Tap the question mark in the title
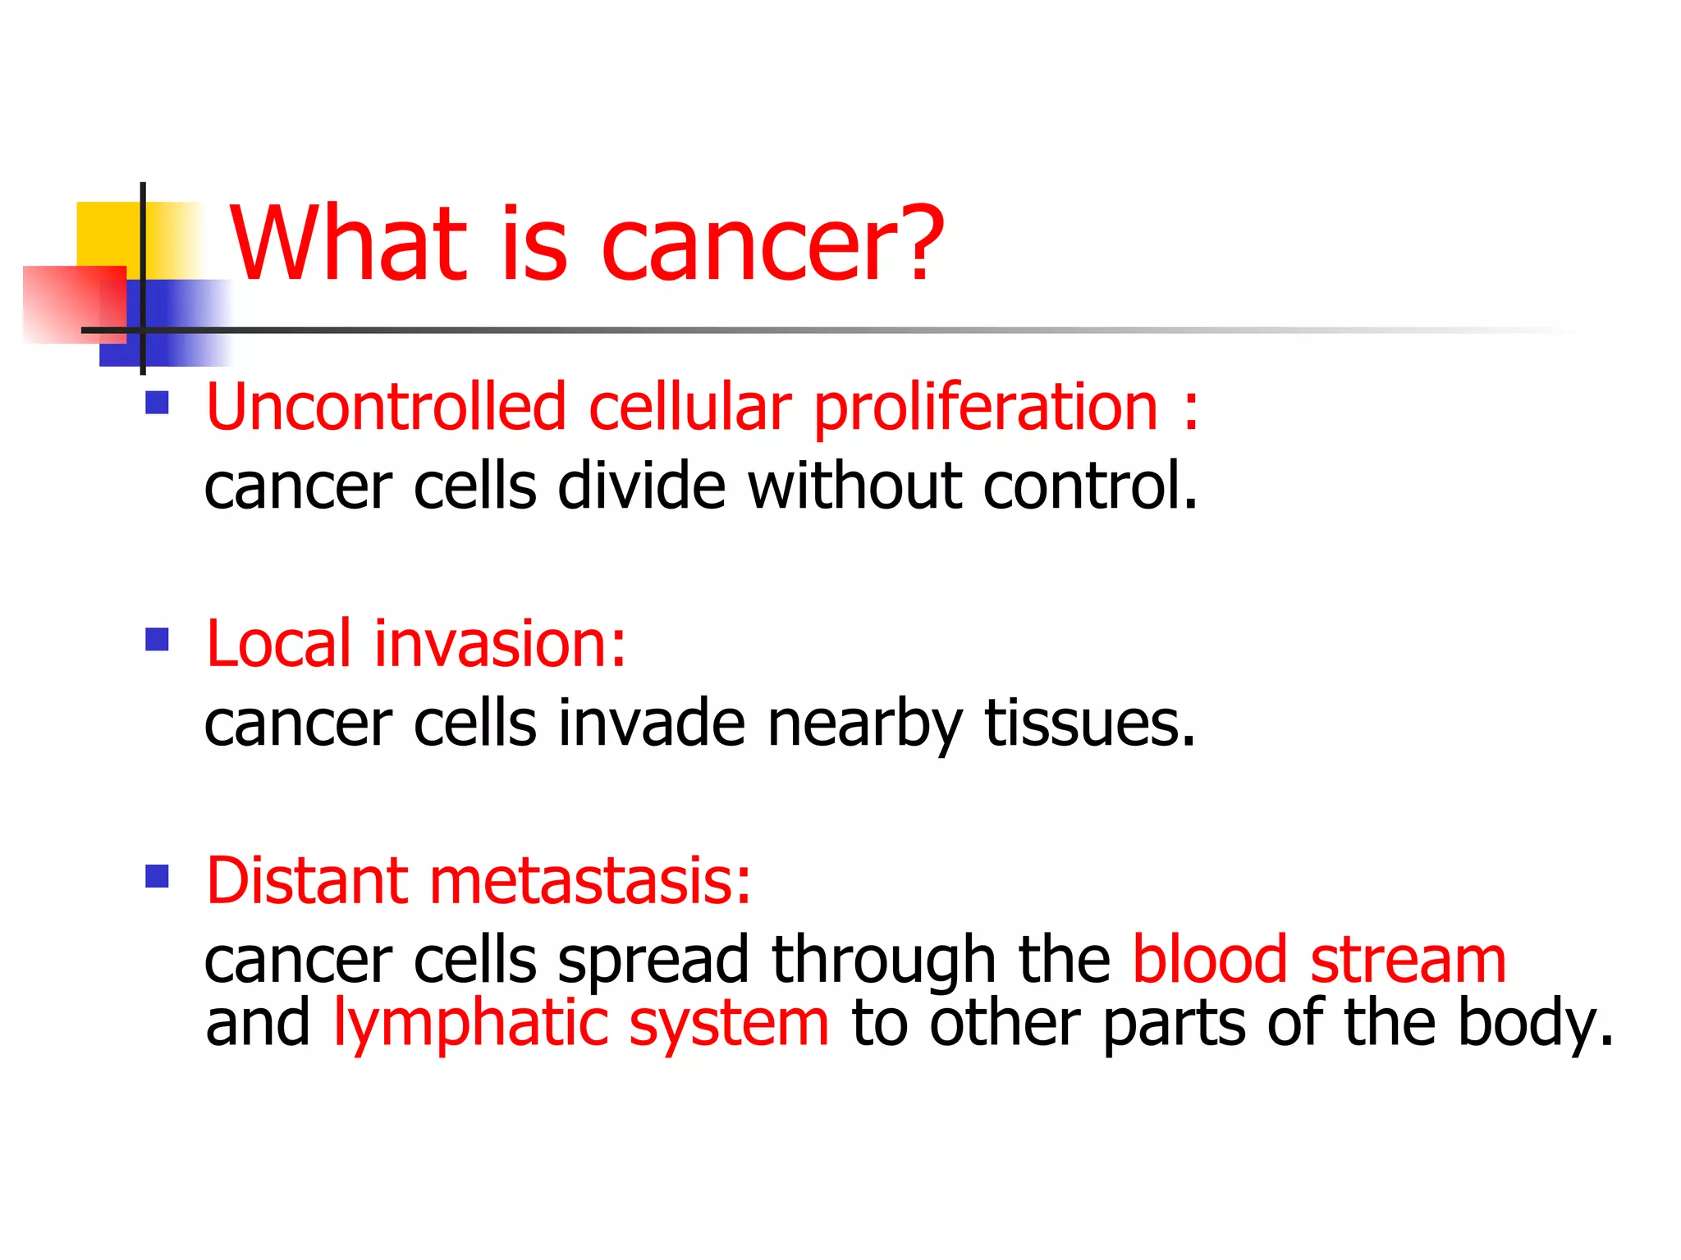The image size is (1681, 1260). pos(915,244)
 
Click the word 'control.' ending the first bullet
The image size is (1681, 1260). pos(1091,486)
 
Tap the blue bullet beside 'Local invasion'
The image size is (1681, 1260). pos(157,639)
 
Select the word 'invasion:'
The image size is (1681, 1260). pos(500,644)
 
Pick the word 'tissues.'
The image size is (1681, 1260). pos(1090,724)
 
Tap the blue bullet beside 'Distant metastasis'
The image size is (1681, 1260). pos(157,876)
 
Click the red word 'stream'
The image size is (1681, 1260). pos(1408,960)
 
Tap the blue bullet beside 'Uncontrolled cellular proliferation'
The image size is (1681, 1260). pos(157,403)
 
